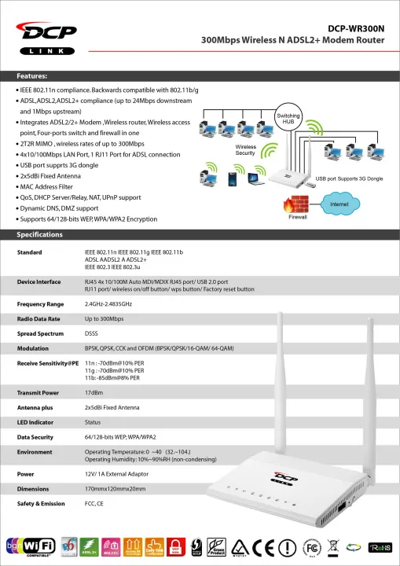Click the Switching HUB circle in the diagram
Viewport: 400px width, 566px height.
[288, 119]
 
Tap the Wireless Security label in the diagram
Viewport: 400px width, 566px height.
[246, 151]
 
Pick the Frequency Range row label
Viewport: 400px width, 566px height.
[40, 303]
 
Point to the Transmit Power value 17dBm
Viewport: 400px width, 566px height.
[95, 391]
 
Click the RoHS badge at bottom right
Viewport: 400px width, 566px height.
[380, 546]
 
